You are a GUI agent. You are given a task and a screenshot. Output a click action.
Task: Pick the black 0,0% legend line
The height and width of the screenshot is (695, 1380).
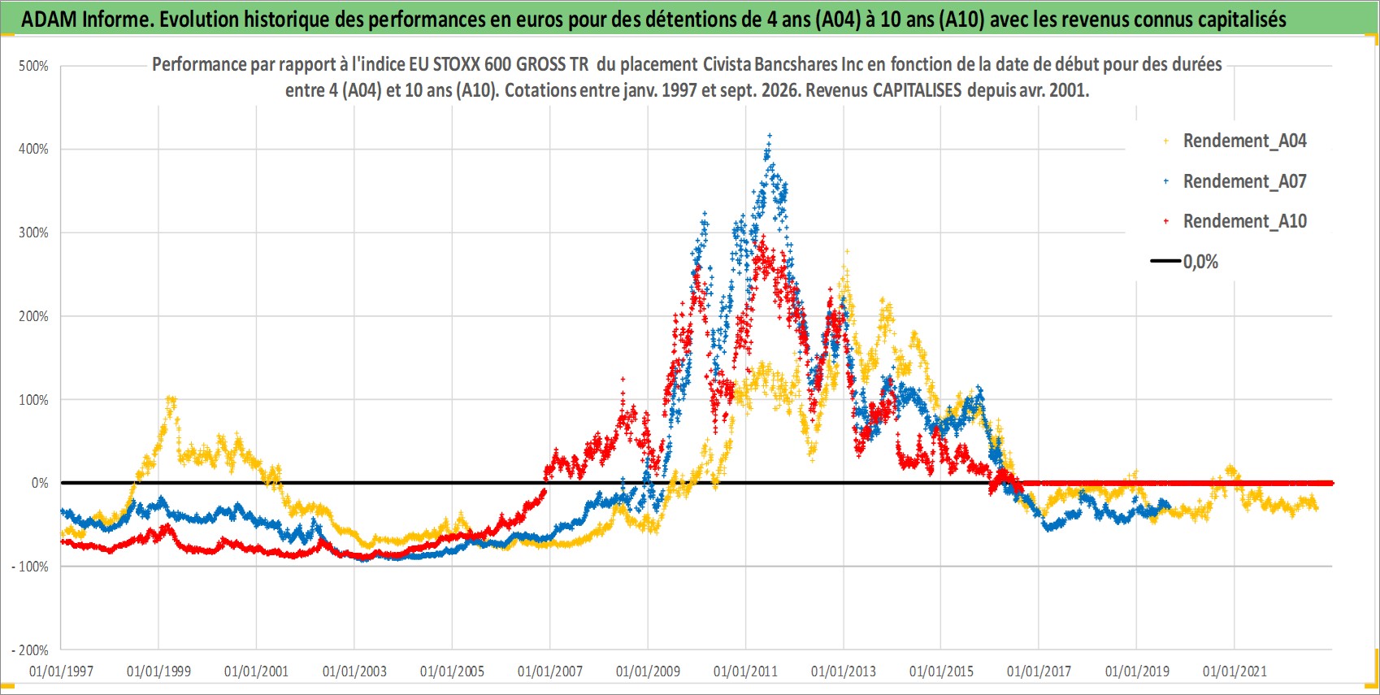[x=1165, y=261]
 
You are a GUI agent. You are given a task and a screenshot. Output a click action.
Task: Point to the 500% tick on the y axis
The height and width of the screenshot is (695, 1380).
[x=33, y=66]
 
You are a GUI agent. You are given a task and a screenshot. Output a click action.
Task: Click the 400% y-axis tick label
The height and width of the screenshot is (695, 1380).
[x=33, y=149]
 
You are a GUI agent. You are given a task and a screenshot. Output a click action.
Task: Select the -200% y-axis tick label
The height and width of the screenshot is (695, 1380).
[x=29, y=650]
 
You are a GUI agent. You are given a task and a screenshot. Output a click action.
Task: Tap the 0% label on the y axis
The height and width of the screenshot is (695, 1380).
[x=40, y=483]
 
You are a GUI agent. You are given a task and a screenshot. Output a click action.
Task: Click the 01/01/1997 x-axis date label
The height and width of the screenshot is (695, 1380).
[x=61, y=671]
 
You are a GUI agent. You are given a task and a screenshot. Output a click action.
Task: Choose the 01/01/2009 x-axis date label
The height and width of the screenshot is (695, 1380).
[x=648, y=671]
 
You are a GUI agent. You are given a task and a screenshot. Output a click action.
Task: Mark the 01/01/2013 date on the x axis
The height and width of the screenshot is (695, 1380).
[x=844, y=671]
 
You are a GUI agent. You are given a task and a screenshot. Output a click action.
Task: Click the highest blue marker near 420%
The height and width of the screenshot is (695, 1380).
[x=769, y=135]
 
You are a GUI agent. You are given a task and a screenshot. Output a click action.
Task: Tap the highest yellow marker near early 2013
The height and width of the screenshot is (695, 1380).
[x=847, y=251]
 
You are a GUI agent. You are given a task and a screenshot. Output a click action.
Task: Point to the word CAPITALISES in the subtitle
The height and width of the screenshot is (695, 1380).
[x=917, y=90]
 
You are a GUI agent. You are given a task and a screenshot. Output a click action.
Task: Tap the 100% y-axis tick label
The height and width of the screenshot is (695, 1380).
[x=33, y=400]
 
